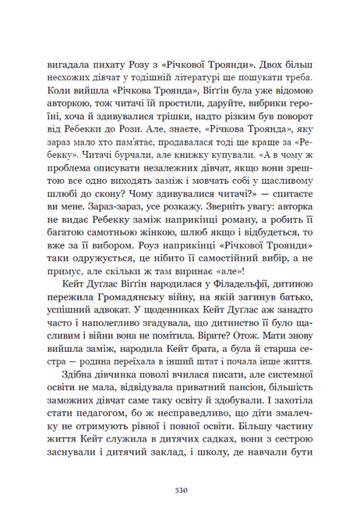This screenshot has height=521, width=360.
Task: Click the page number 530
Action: (180, 491)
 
